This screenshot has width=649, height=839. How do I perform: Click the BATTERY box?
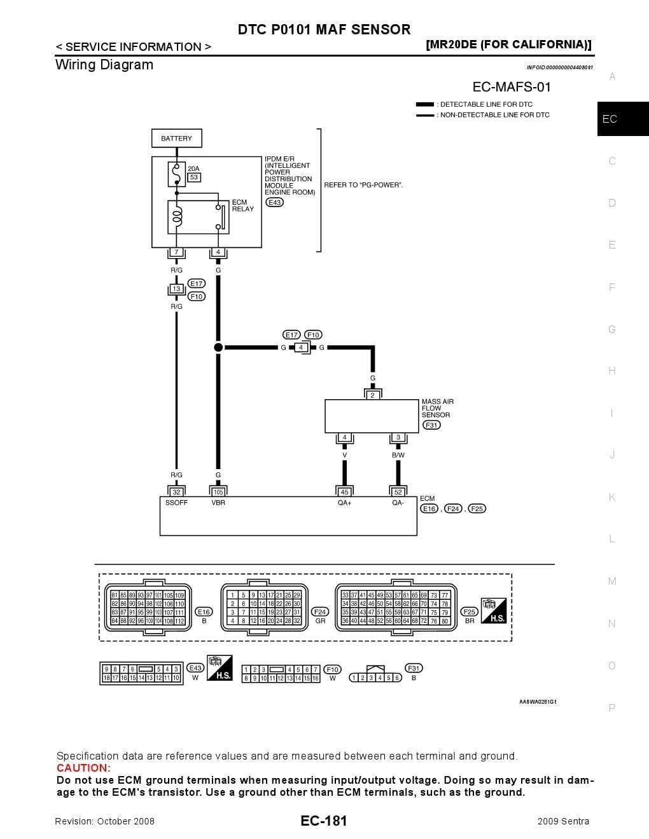(x=176, y=139)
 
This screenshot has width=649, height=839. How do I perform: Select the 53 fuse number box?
(x=194, y=177)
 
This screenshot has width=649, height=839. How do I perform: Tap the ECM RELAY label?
(x=242, y=205)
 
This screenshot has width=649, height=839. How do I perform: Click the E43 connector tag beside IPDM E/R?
(x=274, y=202)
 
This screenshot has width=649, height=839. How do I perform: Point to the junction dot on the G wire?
(x=218, y=348)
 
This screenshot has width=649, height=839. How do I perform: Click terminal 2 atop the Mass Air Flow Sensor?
(x=372, y=395)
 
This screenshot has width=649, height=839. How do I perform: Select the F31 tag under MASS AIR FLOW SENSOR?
(x=431, y=425)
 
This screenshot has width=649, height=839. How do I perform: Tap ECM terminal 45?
(x=344, y=492)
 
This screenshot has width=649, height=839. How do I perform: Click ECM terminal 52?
(x=398, y=492)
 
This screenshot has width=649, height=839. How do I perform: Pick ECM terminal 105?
(x=218, y=492)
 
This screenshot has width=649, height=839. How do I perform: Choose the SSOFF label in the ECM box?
(x=176, y=503)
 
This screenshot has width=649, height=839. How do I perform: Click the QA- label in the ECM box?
(x=398, y=503)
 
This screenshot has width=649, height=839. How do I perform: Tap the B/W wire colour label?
(x=398, y=455)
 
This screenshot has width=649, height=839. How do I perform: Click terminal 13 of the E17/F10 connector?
(x=176, y=289)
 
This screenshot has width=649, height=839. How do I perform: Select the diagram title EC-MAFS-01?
(x=512, y=87)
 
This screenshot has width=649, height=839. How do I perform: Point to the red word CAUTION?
(x=83, y=768)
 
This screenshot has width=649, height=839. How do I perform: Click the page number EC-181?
(x=324, y=821)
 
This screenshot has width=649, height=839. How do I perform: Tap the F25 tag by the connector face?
(x=469, y=611)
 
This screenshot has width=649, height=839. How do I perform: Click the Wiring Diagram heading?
(x=104, y=65)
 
